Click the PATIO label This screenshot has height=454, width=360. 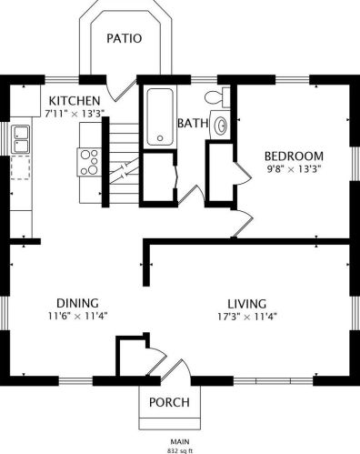point(125,38)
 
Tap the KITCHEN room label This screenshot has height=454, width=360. point(75,101)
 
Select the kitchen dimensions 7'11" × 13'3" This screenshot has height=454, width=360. point(75,114)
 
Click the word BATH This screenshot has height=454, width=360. point(193,123)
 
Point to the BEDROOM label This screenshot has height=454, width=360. point(294,156)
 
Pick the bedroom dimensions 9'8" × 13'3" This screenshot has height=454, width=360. point(294,168)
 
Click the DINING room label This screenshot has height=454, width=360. point(77,303)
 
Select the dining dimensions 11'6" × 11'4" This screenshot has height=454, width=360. point(78,316)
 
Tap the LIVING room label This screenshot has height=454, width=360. point(247,304)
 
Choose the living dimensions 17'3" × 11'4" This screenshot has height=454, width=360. point(247,317)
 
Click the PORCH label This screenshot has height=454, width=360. point(169,402)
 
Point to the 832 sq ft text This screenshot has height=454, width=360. point(180,450)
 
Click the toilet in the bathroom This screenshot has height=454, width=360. point(217,97)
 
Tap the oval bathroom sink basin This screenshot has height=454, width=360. point(221,125)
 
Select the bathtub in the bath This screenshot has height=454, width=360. point(160,116)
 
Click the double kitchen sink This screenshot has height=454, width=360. point(20,139)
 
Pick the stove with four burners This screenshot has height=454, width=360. point(89,162)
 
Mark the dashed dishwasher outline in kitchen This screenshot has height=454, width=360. point(20,167)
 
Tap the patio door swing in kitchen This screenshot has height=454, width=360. point(121,88)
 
